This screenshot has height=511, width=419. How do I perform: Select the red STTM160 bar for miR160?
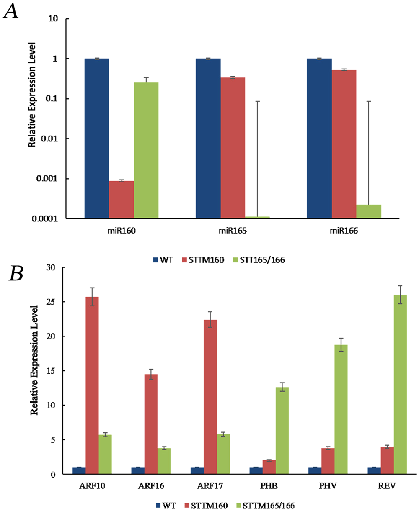tap(122, 199)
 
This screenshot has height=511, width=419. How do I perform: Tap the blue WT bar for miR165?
tap(208, 138)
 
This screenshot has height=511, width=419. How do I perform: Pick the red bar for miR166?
tap(344, 144)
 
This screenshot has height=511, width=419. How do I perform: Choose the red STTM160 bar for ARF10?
tap(92, 385)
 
